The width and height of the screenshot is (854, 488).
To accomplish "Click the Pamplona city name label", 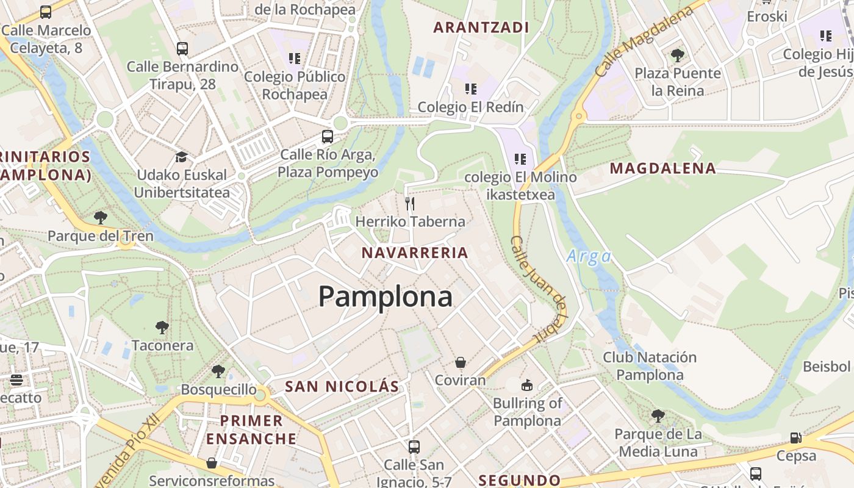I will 385,297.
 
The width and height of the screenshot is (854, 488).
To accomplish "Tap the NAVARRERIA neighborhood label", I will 415,253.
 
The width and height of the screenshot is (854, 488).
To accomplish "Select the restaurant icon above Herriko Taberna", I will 410,203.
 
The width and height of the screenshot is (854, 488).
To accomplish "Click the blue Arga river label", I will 589,256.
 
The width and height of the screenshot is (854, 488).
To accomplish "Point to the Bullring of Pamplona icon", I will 526,385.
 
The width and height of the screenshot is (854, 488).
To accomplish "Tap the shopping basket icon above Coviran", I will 461,362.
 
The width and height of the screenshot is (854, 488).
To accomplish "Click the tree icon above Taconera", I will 162,328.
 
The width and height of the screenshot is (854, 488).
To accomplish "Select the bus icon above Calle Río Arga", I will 328,136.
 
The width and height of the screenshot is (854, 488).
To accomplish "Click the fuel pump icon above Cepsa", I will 796,437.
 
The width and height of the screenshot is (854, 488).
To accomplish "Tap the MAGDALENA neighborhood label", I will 663,168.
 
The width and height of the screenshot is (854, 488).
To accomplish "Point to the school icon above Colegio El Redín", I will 470,89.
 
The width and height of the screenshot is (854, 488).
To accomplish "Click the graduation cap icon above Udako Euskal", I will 181,157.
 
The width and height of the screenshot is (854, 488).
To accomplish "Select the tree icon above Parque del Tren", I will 101,217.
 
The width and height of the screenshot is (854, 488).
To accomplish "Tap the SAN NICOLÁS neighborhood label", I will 342,386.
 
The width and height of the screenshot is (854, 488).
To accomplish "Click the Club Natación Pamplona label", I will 650,365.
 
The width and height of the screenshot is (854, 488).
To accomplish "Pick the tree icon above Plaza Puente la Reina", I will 677,56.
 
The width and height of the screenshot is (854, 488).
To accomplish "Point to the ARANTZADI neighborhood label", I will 481,27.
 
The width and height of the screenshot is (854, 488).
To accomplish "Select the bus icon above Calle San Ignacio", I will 414,447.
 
